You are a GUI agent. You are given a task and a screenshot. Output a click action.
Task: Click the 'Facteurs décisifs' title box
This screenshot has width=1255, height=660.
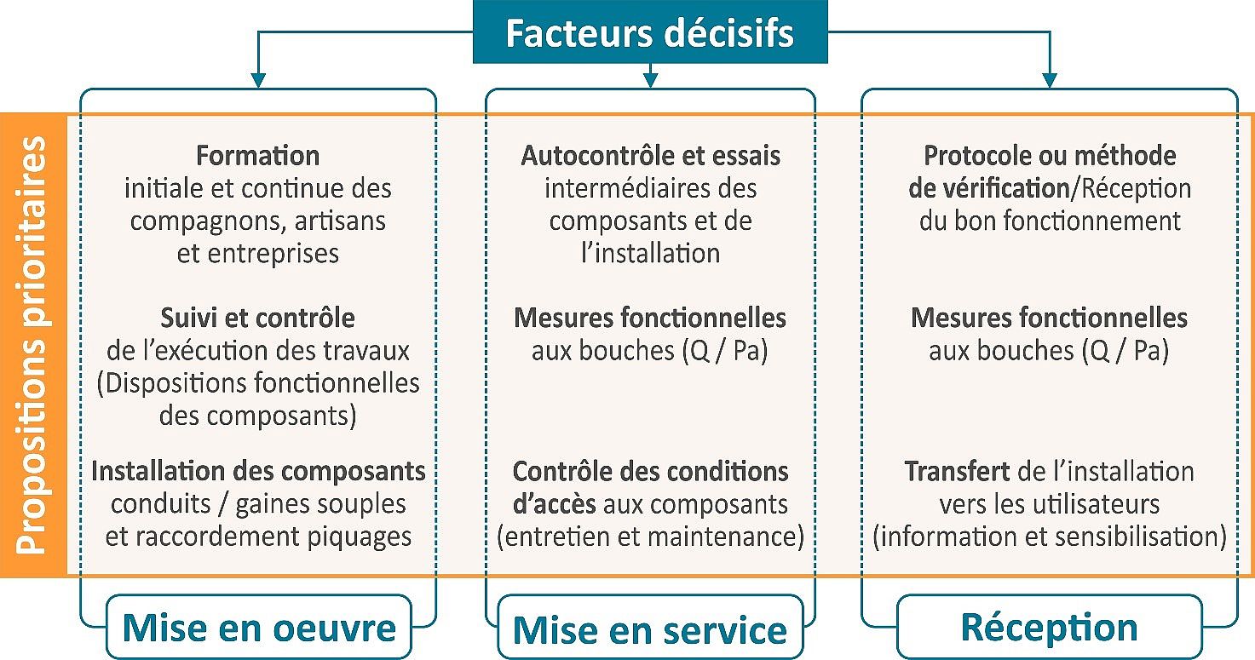point(650,32)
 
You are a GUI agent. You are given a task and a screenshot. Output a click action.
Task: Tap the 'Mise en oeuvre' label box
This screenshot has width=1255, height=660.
point(259,627)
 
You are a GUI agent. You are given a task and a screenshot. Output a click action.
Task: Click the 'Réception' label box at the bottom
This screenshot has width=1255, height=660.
point(1050,627)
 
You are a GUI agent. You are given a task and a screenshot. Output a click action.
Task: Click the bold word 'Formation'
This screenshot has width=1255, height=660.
point(257,156)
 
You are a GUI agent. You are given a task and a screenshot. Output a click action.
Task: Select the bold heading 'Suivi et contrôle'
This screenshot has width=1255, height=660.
point(257,318)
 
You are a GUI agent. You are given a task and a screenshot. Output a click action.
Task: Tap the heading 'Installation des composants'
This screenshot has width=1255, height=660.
point(258,471)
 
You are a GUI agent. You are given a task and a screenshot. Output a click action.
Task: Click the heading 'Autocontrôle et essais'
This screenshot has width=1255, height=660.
point(650,156)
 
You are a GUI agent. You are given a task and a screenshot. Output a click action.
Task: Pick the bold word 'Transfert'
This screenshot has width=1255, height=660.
point(957,471)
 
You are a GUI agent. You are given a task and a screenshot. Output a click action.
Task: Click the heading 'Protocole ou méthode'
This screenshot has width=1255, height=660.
point(1050,156)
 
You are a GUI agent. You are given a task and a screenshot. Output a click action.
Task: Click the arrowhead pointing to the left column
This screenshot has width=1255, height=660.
point(257,81)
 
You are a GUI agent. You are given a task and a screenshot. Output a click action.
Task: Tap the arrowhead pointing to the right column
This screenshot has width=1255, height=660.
point(1050,81)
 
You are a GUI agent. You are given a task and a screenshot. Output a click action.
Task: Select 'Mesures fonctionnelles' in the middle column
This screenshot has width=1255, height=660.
point(650,318)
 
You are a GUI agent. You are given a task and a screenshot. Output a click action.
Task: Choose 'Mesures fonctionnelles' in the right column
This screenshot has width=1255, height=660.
point(1050,318)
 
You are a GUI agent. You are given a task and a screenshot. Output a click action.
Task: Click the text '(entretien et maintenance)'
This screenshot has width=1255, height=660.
point(650,537)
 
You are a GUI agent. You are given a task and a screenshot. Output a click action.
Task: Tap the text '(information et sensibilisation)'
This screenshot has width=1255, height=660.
point(1050,537)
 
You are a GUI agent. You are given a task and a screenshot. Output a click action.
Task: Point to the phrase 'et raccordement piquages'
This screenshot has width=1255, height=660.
point(258,537)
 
